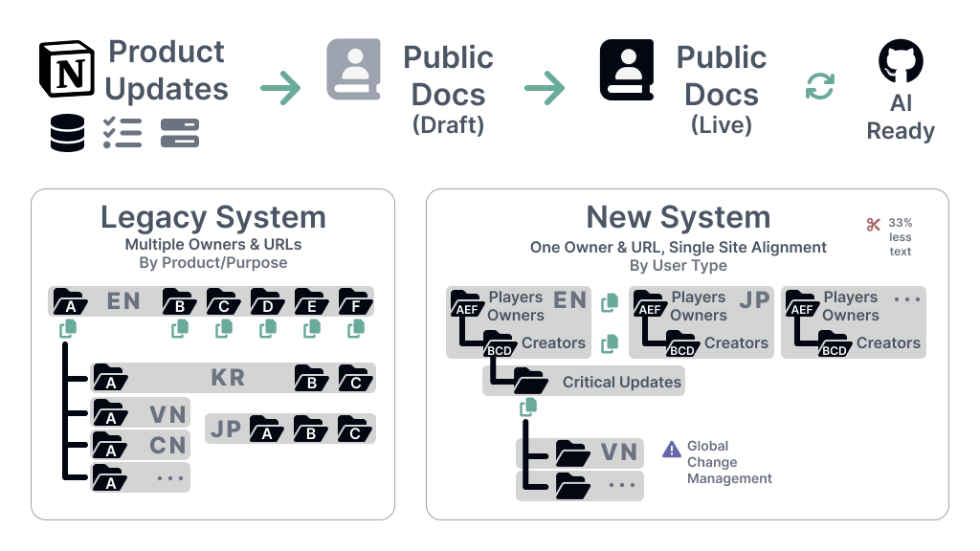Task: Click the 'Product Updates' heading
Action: click(x=167, y=70)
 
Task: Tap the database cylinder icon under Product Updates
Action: click(x=67, y=133)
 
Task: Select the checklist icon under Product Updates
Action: click(x=122, y=133)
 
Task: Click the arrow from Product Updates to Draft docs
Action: click(x=280, y=90)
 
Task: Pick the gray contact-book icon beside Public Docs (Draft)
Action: click(x=354, y=69)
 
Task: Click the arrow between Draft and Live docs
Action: click(x=544, y=90)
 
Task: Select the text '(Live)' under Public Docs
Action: click(x=721, y=125)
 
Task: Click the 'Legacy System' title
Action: click(x=212, y=217)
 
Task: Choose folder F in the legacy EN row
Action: click(x=355, y=302)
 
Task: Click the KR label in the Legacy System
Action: click(x=228, y=378)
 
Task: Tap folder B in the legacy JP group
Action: click(x=310, y=430)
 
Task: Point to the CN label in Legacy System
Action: click(x=167, y=446)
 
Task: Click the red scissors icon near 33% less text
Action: click(x=873, y=225)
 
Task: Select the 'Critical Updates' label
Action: click(x=621, y=382)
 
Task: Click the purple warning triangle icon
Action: click(x=672, y=449)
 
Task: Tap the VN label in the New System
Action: click(x=618, y=452)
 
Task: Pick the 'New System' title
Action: click(x=678, y=217)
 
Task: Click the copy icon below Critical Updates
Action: click(x=526, y=408)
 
